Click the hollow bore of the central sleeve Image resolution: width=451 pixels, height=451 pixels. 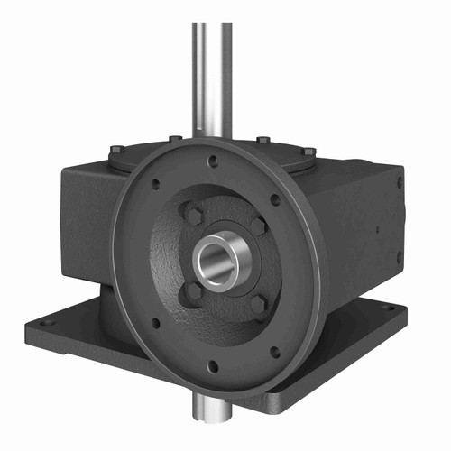point(218,262)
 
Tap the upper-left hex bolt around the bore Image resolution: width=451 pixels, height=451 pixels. point(193,215)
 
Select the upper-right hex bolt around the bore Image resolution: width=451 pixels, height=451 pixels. point(258,225)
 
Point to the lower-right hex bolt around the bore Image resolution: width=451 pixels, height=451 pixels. point(258,305)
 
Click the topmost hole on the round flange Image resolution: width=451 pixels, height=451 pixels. point(213,162)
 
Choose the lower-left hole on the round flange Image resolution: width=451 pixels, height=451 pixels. point(155,321)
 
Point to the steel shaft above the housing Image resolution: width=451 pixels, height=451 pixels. point(210,72)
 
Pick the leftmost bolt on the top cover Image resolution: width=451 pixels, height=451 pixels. point(117,150)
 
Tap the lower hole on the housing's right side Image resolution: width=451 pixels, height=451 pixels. point(399,256)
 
